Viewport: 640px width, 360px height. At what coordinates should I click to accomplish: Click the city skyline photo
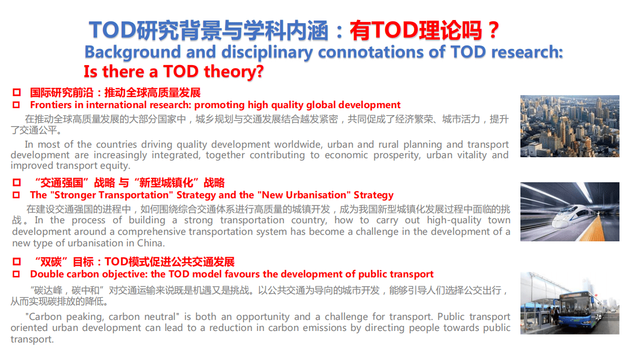(569, 126)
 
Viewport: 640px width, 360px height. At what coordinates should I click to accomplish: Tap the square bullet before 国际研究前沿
(17, 93)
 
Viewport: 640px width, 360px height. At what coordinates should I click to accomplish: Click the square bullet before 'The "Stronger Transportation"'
(17, 195)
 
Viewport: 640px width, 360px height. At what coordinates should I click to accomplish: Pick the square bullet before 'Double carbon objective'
(17, 274)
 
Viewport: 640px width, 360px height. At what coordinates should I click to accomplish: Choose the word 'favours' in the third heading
(243, 274)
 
